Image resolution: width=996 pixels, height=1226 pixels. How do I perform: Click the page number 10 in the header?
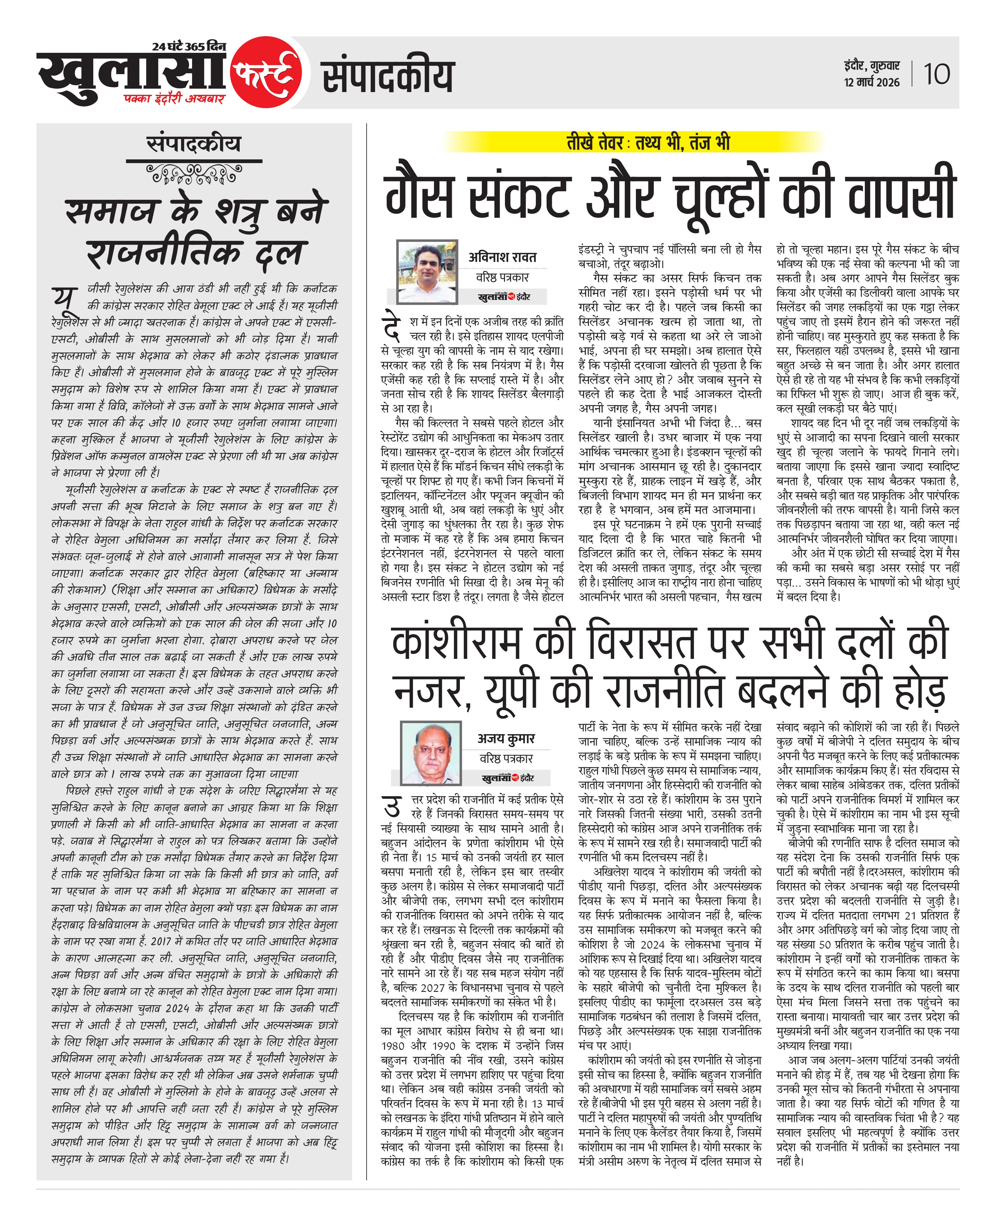[x=936, y=74]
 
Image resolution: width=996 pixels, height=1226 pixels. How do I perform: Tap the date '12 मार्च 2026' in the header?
[x=872, y=82]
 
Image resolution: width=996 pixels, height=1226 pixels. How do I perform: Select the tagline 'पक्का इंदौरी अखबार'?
[x=174, y=99]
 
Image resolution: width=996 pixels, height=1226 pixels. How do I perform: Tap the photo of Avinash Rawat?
[x=427, y=271]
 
